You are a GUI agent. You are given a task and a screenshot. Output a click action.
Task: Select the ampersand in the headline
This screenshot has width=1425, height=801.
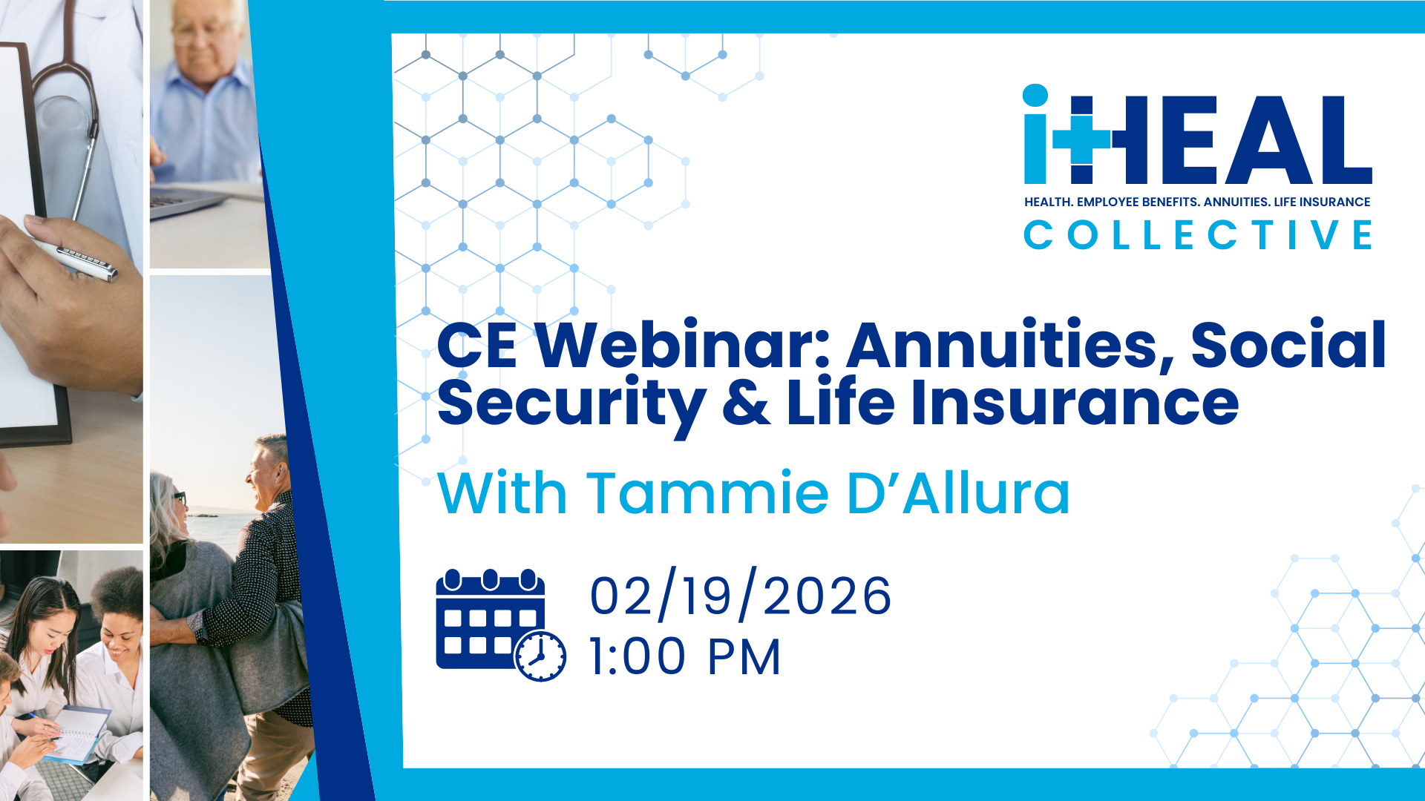click(x=747, y=403)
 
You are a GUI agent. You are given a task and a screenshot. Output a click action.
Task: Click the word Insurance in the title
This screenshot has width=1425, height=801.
click(x=1075, y=402)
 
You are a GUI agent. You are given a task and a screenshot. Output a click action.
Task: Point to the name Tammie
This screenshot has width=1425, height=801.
click(x=708, y=492)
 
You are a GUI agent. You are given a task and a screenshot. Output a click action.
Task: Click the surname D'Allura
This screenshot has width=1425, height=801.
click(x=959, y=492)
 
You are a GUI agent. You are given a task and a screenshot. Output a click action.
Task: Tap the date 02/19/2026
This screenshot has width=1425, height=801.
click(x=741, y=596)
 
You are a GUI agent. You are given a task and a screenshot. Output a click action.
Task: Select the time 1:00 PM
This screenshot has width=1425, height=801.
click(x=685, y=657)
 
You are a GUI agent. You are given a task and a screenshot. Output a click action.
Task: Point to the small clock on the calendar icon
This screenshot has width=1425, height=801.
click(x=540, y=656)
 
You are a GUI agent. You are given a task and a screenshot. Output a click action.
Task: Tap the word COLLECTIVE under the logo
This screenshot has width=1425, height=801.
click(x=1198, y=235)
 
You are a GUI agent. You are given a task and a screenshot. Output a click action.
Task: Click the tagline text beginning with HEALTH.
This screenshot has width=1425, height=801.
click(x=1197, y=202)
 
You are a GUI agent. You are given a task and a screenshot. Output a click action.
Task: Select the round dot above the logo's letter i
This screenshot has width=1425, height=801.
click(x=1035, y=96)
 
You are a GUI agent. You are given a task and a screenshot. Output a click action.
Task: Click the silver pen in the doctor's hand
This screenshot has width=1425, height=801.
click(x=74, y=257)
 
